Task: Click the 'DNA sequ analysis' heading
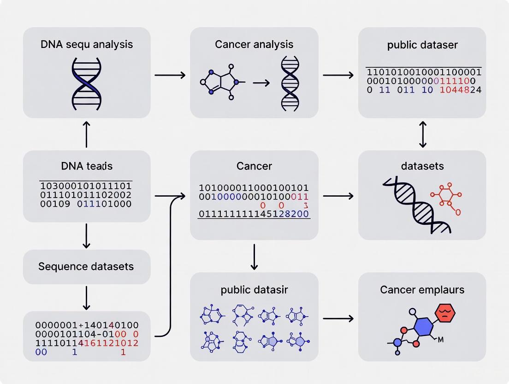click(87, 44)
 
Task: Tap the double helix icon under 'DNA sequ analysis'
click(87, 84)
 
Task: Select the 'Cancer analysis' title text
click(254, 44)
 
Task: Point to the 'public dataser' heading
click(422, 45)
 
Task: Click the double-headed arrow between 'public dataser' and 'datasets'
click(422, 134)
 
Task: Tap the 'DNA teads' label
click(87, 166)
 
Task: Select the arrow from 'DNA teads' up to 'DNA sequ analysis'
click(86, 134)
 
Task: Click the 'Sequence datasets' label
click(86, 266)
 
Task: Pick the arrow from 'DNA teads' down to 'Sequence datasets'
click(86, 236)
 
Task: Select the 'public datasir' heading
click(254, 290)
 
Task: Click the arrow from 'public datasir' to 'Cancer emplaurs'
click(338, 318)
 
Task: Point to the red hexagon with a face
click(445, 312)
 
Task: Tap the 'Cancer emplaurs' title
click(422, 290)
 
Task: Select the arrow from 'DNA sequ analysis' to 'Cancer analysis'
click(170, 75)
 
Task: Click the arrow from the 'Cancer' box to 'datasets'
click(338, 196)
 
